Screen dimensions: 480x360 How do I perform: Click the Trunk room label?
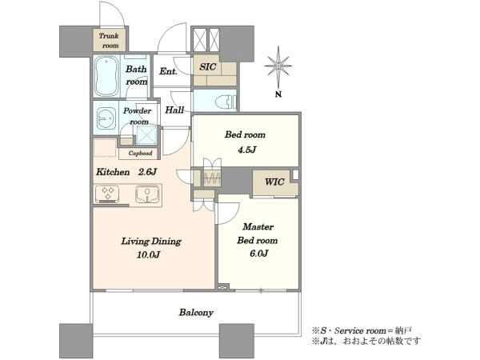pos(109,41)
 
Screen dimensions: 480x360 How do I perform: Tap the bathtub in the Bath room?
pos(106,76)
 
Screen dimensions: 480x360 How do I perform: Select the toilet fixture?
pos(226,101)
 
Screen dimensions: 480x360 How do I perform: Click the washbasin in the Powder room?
pos(106,118)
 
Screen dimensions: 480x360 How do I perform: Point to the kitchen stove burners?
pos(107,194)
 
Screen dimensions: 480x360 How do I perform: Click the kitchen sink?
pos(147,194)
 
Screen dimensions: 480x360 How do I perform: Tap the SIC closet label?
pos(207,66)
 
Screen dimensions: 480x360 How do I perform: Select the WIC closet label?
pos(274,182)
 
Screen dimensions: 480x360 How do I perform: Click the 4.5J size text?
pos(246,150)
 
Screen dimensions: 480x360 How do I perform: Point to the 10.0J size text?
pos(148,254)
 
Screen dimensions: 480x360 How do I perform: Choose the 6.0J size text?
pos(259,254)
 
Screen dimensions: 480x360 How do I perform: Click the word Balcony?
pos(196,313)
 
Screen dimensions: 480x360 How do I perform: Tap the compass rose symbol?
pos(278,66)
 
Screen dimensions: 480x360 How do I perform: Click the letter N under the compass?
pos(278,94)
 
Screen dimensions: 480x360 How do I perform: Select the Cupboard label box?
pos(139,153)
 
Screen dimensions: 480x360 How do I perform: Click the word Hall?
pos(174,110)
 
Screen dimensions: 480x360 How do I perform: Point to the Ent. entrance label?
pos(168,72)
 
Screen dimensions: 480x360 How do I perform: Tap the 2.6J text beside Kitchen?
pos(147,172)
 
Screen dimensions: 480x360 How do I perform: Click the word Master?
pos(258,227)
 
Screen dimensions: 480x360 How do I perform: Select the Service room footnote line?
pos(362,330)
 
